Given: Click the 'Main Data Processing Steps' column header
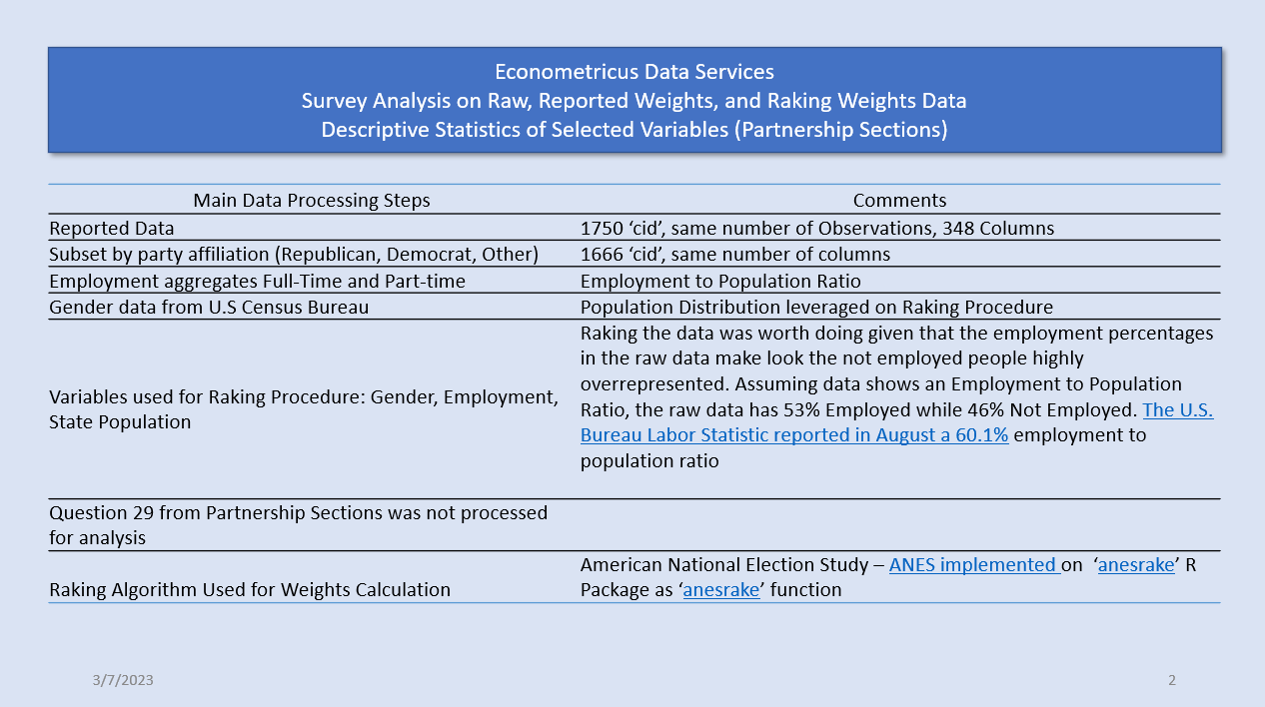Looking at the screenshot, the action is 311,201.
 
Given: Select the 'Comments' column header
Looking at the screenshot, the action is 899,201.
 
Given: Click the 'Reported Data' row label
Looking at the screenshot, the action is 111,228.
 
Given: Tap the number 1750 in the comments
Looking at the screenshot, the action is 602,228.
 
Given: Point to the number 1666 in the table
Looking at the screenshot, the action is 602,254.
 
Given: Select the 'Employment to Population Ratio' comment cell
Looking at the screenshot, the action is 720,281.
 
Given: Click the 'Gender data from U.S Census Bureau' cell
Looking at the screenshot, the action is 209,307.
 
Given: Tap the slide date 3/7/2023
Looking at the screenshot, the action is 123,680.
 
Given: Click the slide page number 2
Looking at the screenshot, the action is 1172,680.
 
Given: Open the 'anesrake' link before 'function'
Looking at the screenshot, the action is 721,589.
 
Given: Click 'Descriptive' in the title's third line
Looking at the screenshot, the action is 374,130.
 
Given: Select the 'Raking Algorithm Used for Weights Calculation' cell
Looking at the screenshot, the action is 250,589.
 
